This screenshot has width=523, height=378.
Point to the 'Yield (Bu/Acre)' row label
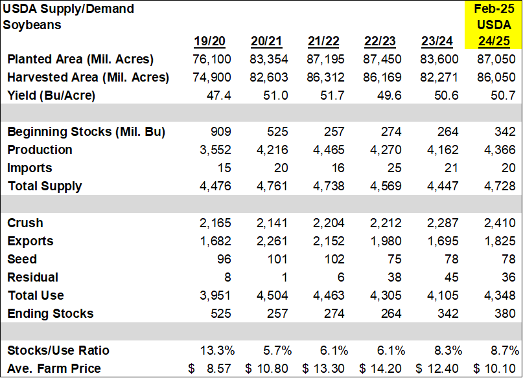point(51,95)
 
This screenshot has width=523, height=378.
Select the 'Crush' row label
point(25,223)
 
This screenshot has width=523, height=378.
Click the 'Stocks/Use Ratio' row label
point(58,350)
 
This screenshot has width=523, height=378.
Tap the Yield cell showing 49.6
point(388,95)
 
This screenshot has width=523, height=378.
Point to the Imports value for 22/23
point(393,168)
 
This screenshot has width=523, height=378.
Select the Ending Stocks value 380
point(507,313)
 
